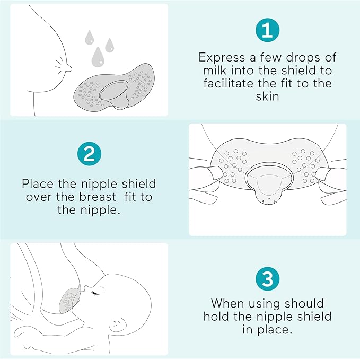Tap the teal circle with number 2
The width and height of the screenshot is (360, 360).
(90, 155)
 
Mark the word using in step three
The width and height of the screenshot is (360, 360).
(273, 304)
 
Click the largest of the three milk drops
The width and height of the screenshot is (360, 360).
(97, 55)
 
